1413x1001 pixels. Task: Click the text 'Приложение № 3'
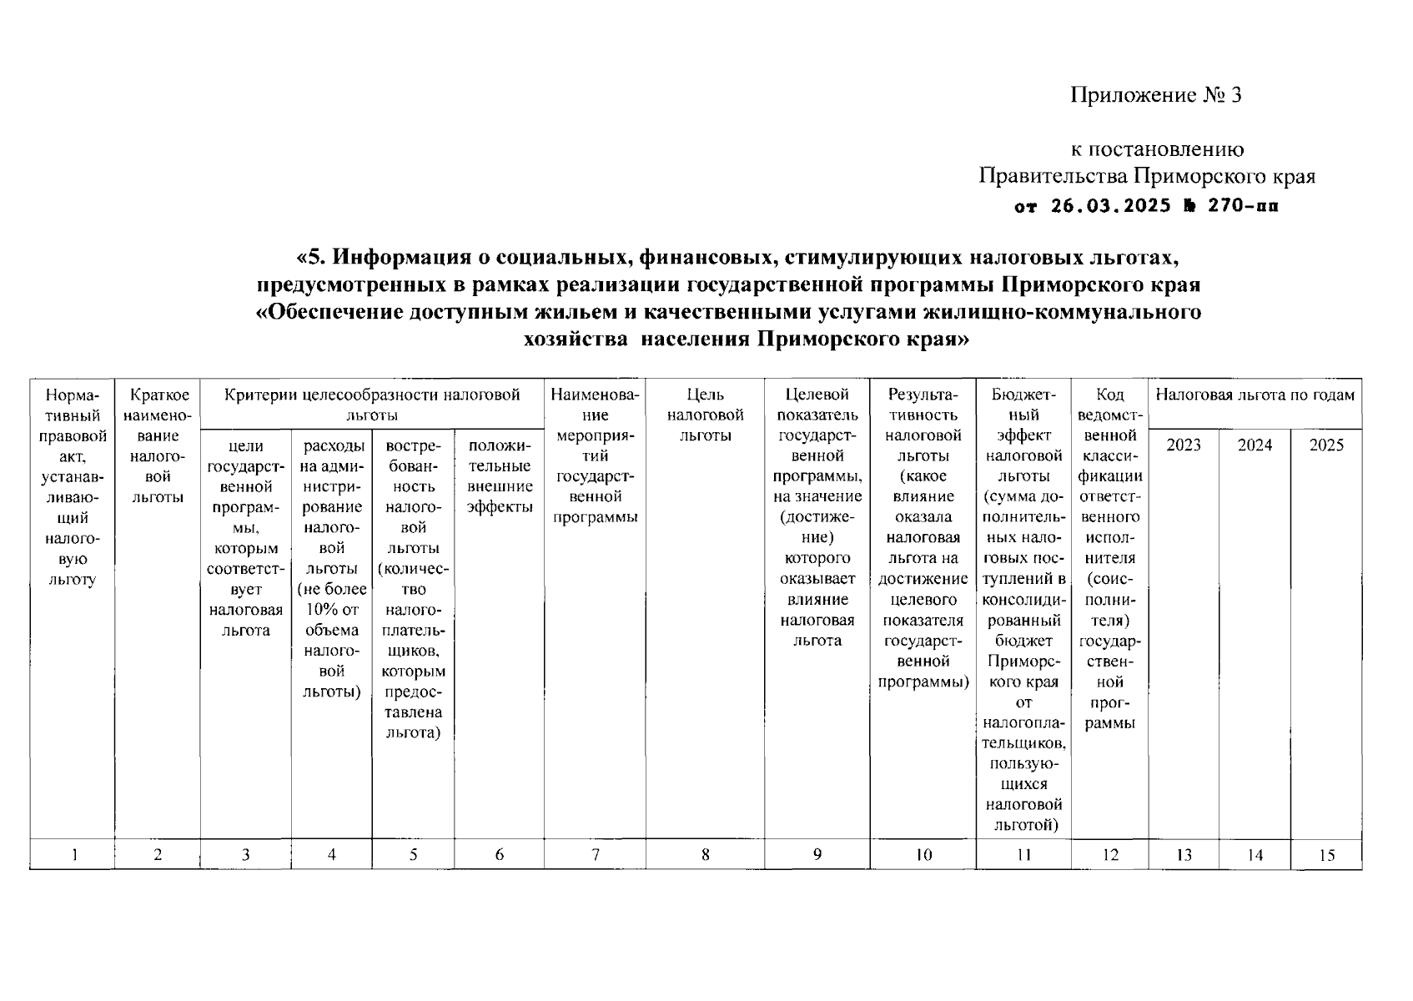click(1156, 95)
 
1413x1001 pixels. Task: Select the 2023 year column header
click(1183, 445)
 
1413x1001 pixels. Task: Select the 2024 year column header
click(1255, 445)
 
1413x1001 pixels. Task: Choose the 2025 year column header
click(1326, 445)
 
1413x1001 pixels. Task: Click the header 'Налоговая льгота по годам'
click(1255, 395)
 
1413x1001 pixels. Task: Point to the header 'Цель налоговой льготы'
click(705, 415)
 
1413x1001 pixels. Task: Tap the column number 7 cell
click(595, 854)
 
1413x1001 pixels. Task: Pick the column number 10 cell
click(923, 854)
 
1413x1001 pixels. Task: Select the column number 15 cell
click(1326, 854)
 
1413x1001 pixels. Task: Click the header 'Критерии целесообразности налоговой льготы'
click(372, 404)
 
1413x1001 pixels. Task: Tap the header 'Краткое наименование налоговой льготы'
click(158, 445)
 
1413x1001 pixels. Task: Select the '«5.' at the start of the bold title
click(312, 256)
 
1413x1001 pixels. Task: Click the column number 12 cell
click(1109, 854)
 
